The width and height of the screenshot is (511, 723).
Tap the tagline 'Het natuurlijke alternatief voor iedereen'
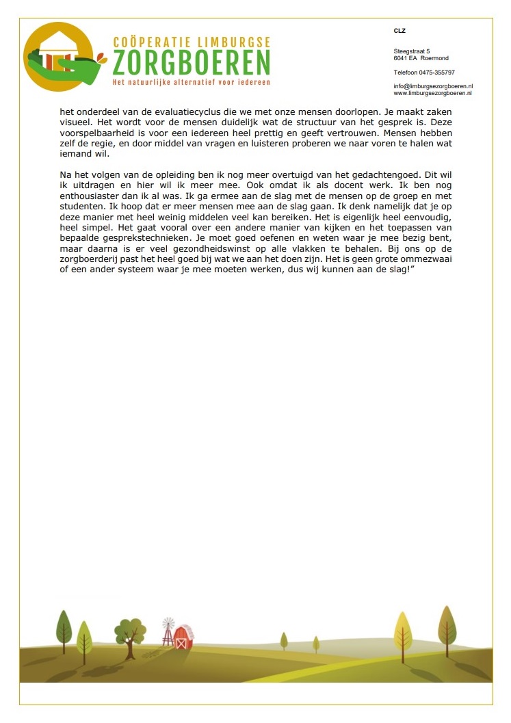pyautogui.click(x=191, y=82)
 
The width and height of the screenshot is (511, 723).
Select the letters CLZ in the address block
pyautogui.click(x=399, y=31)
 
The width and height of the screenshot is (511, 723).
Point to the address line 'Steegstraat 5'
pyautogui.click(x=412, y=51)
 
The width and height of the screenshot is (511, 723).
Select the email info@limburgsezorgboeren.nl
pyautogui.click(x=433, y=86)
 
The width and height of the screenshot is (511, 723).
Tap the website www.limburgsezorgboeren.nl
pyautogui.click(x=433, y=93)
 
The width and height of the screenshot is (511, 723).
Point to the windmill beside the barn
pyautogui.click(x=168, y=630)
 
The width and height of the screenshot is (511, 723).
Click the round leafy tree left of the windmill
pyautogui.click(x=129, y=633)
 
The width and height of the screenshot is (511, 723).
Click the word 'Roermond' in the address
pyautogui.click(x=435, y=58)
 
